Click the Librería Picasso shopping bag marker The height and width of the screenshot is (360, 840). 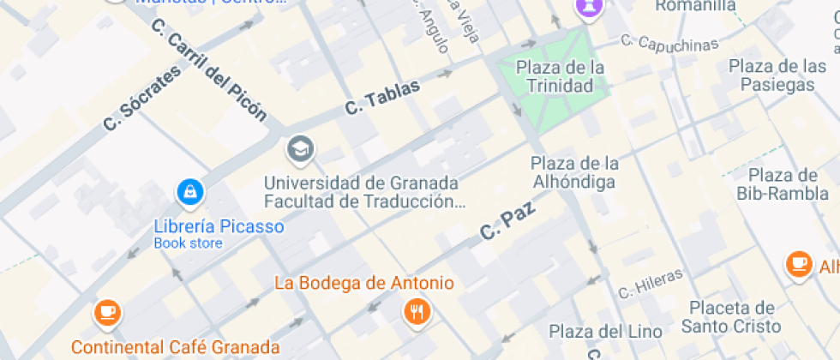coord(189,192)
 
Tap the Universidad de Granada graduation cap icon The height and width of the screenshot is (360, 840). coord(300,150)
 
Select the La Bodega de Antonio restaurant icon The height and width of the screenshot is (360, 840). coord(417,312)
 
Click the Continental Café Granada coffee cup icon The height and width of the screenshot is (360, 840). coord(107,311)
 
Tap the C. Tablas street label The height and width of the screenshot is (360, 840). coord(382,97)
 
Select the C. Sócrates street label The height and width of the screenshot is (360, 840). coord(142,99)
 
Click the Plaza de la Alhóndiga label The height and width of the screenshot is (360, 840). coord(573,172)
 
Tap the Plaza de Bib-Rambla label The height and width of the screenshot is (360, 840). coord(777,184)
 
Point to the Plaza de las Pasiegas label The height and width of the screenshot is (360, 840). coord(777,75)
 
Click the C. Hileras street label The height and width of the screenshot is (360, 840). coord(651,283)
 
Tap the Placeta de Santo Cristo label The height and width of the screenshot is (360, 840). coord(731,317)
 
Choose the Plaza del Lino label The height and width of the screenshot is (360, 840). coord(605,331)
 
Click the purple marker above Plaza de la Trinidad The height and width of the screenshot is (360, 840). coord(589,9)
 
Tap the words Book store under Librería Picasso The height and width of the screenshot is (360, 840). coord(188,243)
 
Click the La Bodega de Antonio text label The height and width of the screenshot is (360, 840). coord(363,283)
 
